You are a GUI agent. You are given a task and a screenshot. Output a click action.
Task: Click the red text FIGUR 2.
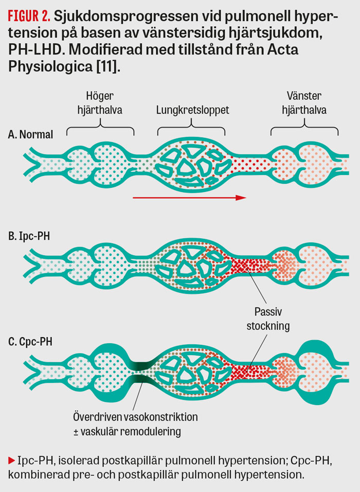(29, 16)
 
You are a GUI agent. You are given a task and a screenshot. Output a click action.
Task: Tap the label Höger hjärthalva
(100, 103)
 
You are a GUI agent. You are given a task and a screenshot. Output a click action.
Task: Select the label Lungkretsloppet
(192, 110)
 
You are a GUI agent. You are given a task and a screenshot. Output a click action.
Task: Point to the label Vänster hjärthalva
(304, 103)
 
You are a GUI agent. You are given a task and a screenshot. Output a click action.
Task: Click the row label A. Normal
(30, 134)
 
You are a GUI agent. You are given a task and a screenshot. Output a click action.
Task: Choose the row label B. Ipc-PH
(29, 236)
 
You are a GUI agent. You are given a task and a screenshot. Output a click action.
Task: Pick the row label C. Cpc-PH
(30, 341)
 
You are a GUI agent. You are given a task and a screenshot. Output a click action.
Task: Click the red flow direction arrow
(189, 198)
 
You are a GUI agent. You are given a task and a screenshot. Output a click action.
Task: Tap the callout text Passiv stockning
(268, 319)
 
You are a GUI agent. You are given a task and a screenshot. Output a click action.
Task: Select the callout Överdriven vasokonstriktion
(135, 417)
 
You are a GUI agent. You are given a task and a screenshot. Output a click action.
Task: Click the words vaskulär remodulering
(131, 431)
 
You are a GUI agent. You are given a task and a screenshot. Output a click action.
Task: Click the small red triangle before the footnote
(12, 461)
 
